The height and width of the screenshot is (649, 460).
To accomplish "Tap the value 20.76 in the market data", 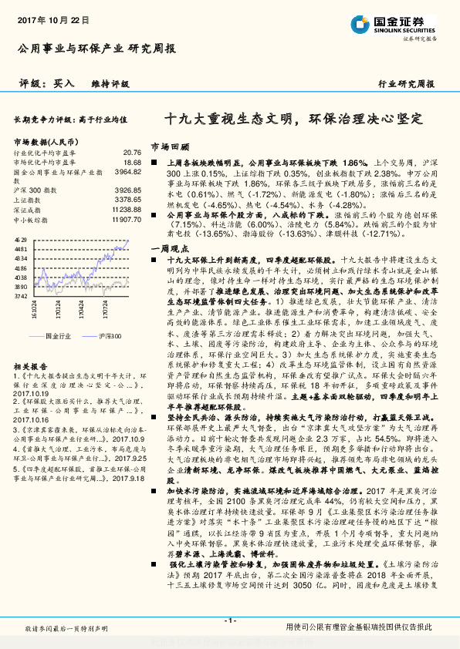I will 132,153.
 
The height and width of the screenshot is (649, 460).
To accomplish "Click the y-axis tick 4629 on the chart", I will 21,241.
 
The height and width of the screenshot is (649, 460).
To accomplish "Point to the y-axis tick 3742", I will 21,295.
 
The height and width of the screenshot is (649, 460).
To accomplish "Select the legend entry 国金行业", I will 58,337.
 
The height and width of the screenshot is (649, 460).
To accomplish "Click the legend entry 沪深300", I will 110,337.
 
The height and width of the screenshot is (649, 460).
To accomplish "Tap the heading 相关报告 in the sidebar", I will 30,367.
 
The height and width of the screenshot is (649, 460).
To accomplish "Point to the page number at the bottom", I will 229,620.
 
